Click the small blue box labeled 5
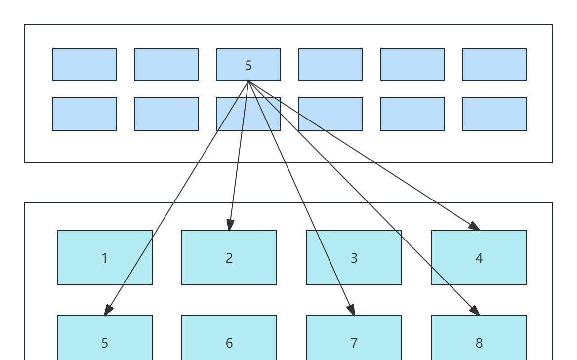pos(248,65)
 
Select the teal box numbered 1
pos(105,257)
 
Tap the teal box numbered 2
pos(229,257)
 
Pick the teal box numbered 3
pos(354,257)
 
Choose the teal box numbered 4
pos(479,257)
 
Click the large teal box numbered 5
pos(105,342)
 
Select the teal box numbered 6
pos(229,342)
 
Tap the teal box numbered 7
pos(354,342)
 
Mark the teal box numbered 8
pos(479,342)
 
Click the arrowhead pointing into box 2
pos(230,225)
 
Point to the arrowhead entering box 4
pos(474,227)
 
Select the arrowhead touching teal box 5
pos(108,310)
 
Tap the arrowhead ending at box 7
pos(352,310)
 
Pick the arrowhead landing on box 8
pos(475,310)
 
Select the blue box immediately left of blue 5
pos(166,65)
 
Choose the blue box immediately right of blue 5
pos(330,65)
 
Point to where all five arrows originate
pos(248,81)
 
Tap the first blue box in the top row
pos(84,65)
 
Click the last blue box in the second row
pos(495,114)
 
